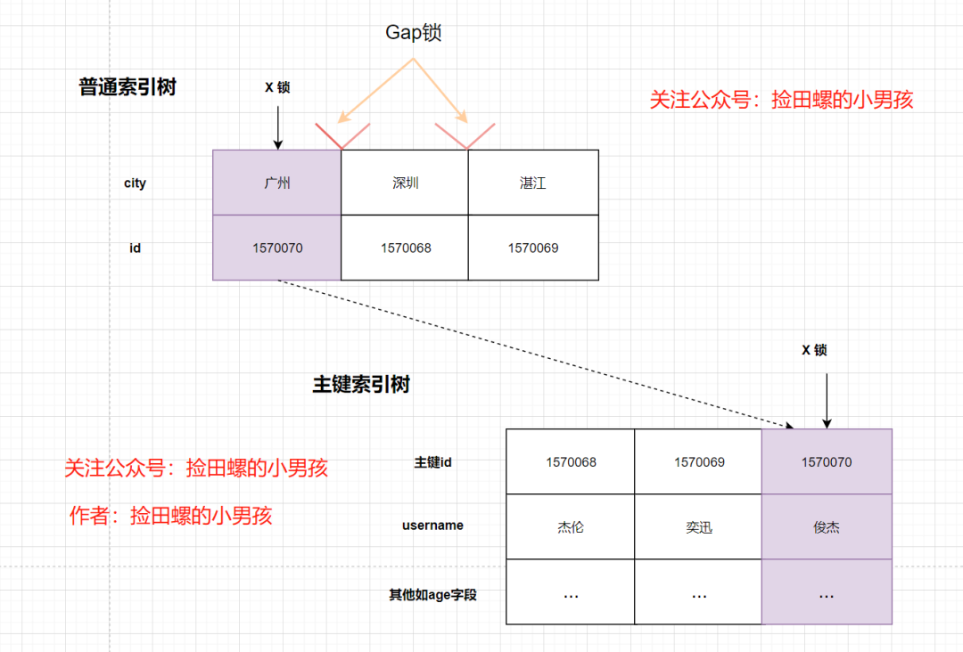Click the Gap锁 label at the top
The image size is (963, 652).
click(x=414, y=33)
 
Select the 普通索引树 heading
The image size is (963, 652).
click(x=128, y=87)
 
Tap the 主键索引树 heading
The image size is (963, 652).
click(x=361, y=385)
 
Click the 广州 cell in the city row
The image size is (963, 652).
click(x=277, y=183)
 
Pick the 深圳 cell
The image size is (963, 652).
click(x=406, y=183)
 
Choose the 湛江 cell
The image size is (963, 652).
click(x=533, y=183)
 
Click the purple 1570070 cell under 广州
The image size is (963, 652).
click(x=277, y=248)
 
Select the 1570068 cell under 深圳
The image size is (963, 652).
click(x=406, y=248)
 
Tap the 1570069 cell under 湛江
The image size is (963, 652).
click(x=533, y=248)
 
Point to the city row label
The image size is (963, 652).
click(x=135, y=183)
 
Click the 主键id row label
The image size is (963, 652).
click(x=433, y=462)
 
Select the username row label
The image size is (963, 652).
click(x=432, y=526)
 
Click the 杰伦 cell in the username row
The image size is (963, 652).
click(x=571, y=527)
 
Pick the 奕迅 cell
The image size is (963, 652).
click(x=699, y=527)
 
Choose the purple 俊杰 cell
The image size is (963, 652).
click(x=827, y=527)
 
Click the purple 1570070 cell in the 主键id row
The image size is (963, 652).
click(x=827, y=462)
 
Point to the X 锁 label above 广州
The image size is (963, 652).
click(x=277, y=87)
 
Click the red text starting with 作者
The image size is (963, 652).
click(x=170, y=515)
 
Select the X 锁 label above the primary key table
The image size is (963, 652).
click(x=814, y=350)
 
